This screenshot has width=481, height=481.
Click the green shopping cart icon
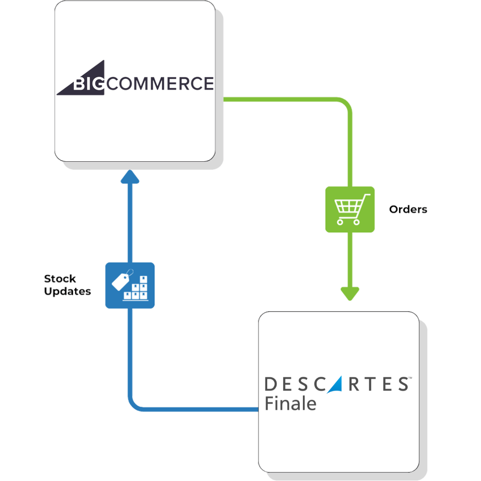tap(350, 209)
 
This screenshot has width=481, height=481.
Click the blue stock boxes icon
tap(130, 285)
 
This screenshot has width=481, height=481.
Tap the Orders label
tap(408, 209)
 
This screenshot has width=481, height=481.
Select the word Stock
tap(60, 279)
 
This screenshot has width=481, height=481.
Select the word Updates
tap(68, 292)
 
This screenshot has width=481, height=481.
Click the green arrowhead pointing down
tap(350, 293)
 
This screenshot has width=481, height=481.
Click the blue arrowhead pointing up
tap(130, 177)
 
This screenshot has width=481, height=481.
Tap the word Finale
tap(290, 404)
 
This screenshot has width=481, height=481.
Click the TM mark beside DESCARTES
tap(410, 378)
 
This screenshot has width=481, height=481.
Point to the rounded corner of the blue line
tap(134, 404)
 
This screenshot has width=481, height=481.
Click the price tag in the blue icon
tap(121, 280)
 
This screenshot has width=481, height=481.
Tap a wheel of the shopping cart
tap(341, 221)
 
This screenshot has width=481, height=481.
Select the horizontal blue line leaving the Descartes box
tap(200, 409)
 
